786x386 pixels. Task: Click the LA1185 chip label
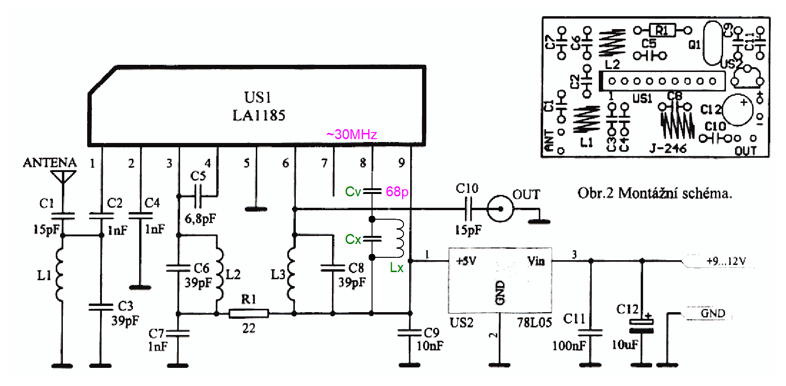tap(259, 115)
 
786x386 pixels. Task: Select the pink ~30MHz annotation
tap(352, 134)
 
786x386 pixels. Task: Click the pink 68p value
tap(397, 192)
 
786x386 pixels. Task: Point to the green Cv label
tap(353, 192)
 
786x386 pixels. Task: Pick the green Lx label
tap(396, 267)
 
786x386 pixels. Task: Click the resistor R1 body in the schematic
tap(249, 313)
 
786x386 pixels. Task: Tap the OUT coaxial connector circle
tap(500, 208)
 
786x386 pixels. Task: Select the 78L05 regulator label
tap(534, 323)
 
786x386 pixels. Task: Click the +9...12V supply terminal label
tap(726, 261)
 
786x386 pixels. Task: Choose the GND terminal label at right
tap(713, 314)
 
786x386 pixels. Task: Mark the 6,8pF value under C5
tap(200, 219)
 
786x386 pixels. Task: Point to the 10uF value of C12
tap(625, 345)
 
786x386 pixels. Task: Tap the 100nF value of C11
tap(569, 345)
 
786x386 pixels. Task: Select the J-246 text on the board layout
tap(668, 149)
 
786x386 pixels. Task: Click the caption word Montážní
tap(654, 193)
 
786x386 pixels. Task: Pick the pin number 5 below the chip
tap(246, 163)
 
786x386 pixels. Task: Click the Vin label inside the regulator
tap(536, 261)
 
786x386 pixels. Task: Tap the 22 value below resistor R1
tap(249, 328)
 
